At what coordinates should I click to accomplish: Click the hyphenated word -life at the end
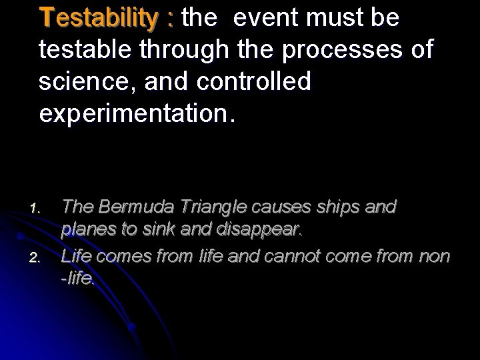pyautogui.click(x=78, y=278)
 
